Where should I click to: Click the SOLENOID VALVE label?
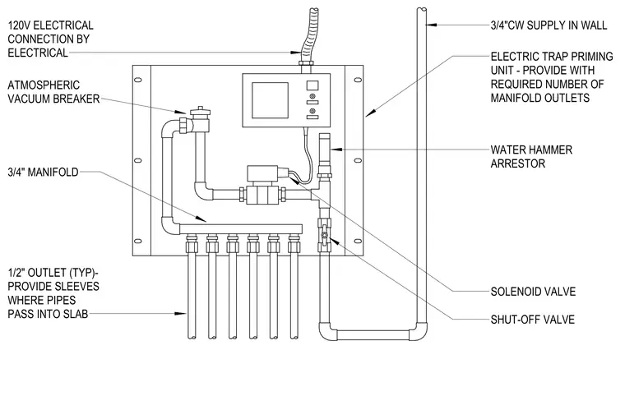[x=533, y=292]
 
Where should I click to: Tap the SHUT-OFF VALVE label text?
[x=533, y=320]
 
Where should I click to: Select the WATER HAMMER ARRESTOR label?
[x=531, y=157]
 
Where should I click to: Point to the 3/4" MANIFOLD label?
[x=43, y=172]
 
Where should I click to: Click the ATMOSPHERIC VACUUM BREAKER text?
[x=53, y=92]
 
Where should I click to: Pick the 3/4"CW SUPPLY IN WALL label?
[x=549, y=25]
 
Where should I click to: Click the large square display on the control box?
[x=271, y=100]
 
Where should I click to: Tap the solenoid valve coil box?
[x=262, y=174]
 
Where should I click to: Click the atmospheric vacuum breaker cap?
[x=200, y=110]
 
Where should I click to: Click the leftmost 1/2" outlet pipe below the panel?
[x=192, y=296]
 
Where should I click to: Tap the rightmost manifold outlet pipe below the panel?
[x=294, y=296]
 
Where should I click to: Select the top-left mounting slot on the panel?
[x=137, y=80]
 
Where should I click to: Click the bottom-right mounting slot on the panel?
[x=358, y=241]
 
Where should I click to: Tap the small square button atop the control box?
[x=312, y=85]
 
